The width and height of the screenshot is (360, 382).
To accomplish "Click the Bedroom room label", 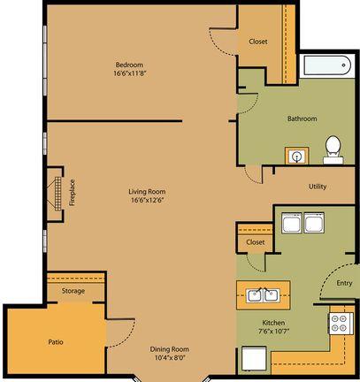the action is (x=129, y=65).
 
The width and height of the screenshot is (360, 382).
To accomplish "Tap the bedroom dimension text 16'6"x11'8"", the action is (x=130, y=73).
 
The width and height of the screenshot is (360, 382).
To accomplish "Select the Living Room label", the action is (x=147, y=192).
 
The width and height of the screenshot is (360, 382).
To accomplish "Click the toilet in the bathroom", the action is (x=333, y=149).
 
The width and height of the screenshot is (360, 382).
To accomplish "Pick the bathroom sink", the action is (x=297, y=156).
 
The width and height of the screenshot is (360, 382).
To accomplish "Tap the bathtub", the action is (x=327, y=65).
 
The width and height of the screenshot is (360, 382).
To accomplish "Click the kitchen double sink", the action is (x=264, y=295).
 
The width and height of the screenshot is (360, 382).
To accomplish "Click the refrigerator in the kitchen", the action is (x=254, y=358).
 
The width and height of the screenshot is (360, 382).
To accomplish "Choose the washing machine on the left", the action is (x=292, y=223).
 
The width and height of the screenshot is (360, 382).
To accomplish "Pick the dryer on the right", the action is (x=314, y=223).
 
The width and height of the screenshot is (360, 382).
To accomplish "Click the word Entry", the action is (x=344, y=283).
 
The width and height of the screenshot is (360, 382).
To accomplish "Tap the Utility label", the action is (x=318, y=187).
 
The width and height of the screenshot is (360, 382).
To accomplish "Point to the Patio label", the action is (x=56, y=342).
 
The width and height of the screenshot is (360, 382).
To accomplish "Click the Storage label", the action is (x=73, y=291).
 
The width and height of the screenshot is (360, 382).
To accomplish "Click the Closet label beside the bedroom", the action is (x=258, y=42).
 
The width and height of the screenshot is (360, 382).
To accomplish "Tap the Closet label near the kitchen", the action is (x=256, y=242).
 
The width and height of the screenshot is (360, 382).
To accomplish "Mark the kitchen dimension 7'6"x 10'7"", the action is (x=274, y=331).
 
